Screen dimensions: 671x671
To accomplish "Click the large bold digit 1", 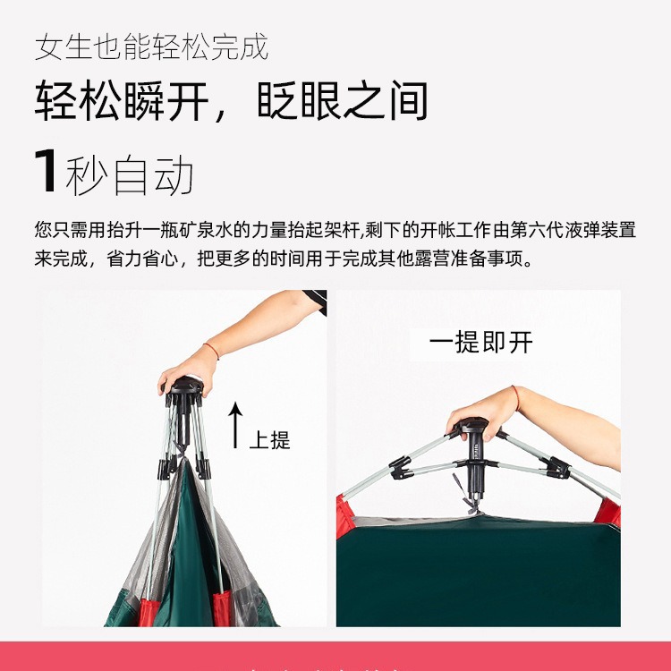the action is pos(46,171).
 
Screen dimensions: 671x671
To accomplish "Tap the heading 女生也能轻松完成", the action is pos(151,47).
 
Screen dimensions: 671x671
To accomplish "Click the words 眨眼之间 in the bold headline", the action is pos(343,100).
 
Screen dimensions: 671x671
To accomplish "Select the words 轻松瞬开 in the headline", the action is pos(122,100).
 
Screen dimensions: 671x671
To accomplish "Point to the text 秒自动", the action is pos(130,174).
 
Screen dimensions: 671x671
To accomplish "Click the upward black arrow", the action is pos(235,425).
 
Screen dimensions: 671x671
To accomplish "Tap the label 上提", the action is pos(269,440).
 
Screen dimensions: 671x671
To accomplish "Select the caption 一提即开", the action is pos(481,343).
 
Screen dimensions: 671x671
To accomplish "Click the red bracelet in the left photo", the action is pos(211,351).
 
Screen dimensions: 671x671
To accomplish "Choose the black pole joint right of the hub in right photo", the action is pos(556,468).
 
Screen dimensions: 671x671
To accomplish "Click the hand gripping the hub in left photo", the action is pos(188,371).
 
